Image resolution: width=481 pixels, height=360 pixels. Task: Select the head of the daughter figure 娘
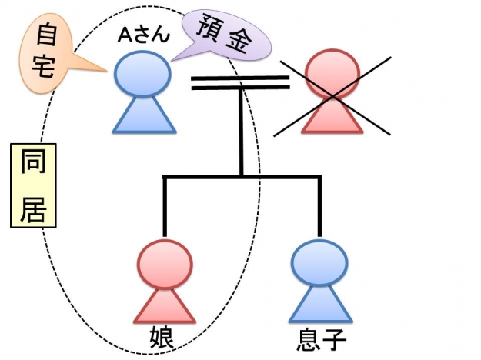coord(163,262)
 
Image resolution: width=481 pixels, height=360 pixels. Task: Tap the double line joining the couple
coord(239,82)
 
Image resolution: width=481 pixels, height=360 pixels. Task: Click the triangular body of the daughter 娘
coord(163,303)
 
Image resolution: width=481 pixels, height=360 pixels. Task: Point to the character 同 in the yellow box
coord(33,165)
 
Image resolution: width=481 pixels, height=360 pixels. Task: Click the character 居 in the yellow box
coord(33,205)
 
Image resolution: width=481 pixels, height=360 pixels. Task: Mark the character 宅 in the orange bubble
coord(45,66)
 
